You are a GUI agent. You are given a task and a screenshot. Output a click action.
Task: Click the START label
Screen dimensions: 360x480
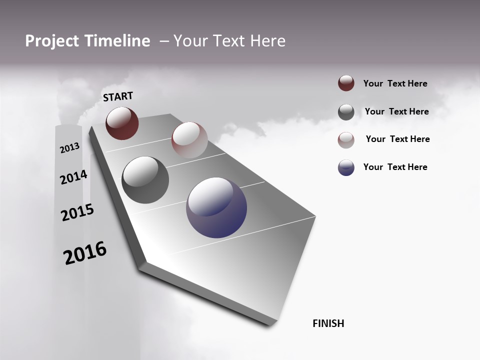pos(118,96)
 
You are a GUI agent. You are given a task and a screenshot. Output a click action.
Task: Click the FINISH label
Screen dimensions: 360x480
pos(328,323)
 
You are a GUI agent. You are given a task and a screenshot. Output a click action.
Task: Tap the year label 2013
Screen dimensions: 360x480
pos(69,148)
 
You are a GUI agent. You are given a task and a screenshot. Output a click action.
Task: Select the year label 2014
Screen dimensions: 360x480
pos(73,177)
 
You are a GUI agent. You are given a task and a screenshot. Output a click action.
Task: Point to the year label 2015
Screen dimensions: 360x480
pos(77,212)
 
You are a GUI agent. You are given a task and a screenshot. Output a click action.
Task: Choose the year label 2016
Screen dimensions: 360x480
pos(85,253)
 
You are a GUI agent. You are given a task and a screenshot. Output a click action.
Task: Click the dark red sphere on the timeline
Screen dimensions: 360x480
pos(122,123)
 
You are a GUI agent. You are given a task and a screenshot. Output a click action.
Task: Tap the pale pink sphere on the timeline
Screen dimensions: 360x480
pos(189,140)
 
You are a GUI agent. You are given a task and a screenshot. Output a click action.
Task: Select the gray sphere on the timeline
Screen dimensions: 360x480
pos(145,180)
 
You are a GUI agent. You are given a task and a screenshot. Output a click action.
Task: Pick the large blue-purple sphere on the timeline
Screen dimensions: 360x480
pos(216,207)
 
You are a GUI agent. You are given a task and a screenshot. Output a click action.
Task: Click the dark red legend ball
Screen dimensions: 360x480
pos(346,83)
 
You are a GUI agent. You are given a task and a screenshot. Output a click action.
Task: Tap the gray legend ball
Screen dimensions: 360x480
pos(346,112)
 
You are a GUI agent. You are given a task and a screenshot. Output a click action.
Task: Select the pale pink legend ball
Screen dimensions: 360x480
pos(346,139)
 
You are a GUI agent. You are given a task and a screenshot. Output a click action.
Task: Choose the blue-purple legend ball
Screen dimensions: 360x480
pos(346,167)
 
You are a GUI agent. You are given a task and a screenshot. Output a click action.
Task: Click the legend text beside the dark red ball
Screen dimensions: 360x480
pos(395,83)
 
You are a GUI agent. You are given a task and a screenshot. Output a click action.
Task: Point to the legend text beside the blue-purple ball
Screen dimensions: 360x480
pos(395,167)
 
